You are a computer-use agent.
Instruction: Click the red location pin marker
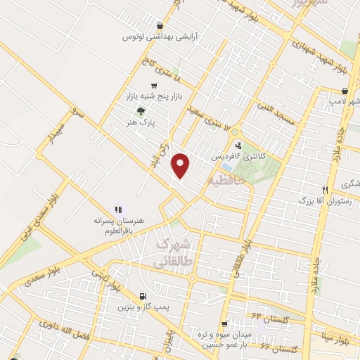(x=181, y=165)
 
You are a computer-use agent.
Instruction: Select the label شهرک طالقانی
(x=172, y=252)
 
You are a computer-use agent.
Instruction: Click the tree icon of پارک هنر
(x=141, y=110)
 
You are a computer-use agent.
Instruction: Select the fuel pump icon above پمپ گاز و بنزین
(x=143, y=296)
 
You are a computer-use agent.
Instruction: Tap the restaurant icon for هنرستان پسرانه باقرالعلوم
(x=118, y=209)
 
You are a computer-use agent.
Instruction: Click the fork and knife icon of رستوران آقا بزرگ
(x=324, y=190)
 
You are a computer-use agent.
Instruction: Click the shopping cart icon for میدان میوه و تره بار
(x=224, y=324)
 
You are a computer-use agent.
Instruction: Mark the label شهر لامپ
(x=347, y=103)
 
